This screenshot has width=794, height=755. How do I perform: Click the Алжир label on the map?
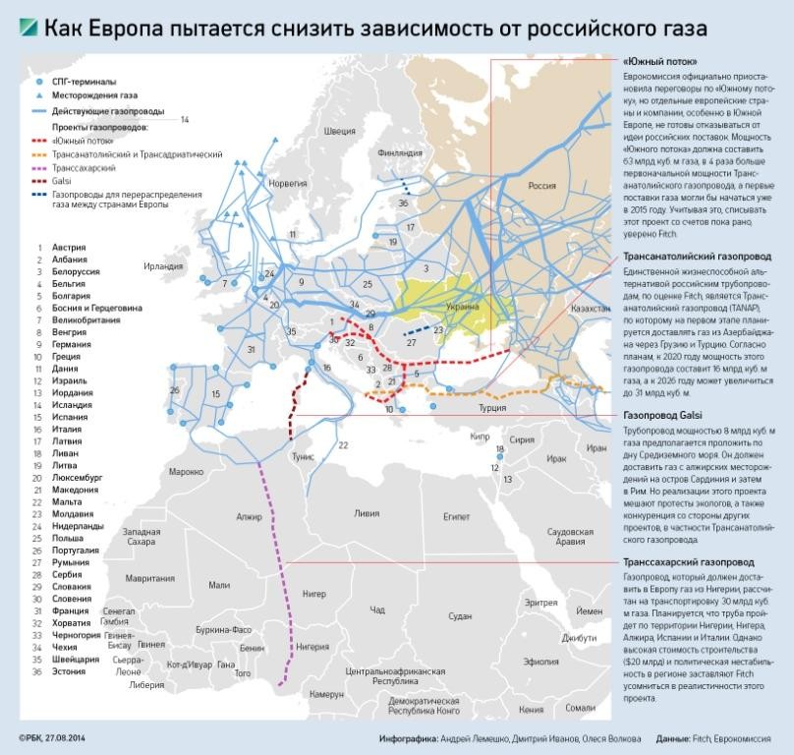(249, 515)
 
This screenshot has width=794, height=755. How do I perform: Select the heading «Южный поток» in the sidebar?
(653, 61)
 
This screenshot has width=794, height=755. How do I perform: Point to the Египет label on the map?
(457, 515)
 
